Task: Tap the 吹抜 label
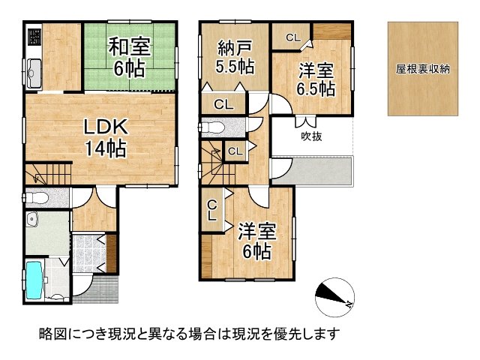click(x=312, y=136)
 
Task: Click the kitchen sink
click(x=36, y=73)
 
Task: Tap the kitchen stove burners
click(x=34, y=37)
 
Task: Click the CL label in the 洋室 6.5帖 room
click(x=292, y=36)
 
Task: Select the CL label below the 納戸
click(x=223, y=104)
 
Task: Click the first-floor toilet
click(x=37, y=198)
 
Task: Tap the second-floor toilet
click(x=213, y=127)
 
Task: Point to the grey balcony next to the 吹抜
click(x=315, y=172)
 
